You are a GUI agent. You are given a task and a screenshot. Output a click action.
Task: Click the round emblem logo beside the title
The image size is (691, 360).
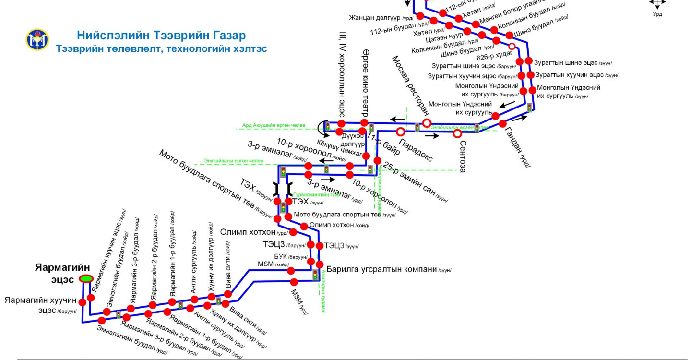[x=37, y=40]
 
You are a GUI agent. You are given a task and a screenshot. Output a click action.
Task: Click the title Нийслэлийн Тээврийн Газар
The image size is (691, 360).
[x=161, y=36]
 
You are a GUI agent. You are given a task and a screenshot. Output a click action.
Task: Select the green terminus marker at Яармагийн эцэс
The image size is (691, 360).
[x=86, y=278]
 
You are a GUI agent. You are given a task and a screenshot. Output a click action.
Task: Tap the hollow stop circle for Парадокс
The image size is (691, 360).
[x=400, y=132]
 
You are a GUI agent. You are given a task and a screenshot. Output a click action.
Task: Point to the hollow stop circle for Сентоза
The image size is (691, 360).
[x=457, y=133]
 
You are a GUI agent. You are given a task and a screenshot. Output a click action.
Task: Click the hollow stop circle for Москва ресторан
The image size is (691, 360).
[x=426, y=122]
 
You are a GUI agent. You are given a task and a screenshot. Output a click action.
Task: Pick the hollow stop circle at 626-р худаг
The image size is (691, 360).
[x=512, y=47]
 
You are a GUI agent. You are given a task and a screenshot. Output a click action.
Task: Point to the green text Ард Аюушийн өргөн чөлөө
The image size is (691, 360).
[x=274, y=126]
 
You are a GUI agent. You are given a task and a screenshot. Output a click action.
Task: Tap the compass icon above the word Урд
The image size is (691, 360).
[x=657, y=3]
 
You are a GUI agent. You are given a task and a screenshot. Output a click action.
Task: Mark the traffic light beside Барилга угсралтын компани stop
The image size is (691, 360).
[x=315, y=275]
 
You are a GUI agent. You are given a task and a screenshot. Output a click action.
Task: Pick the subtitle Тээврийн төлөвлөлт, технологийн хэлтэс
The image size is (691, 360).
[x=161, y=49]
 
